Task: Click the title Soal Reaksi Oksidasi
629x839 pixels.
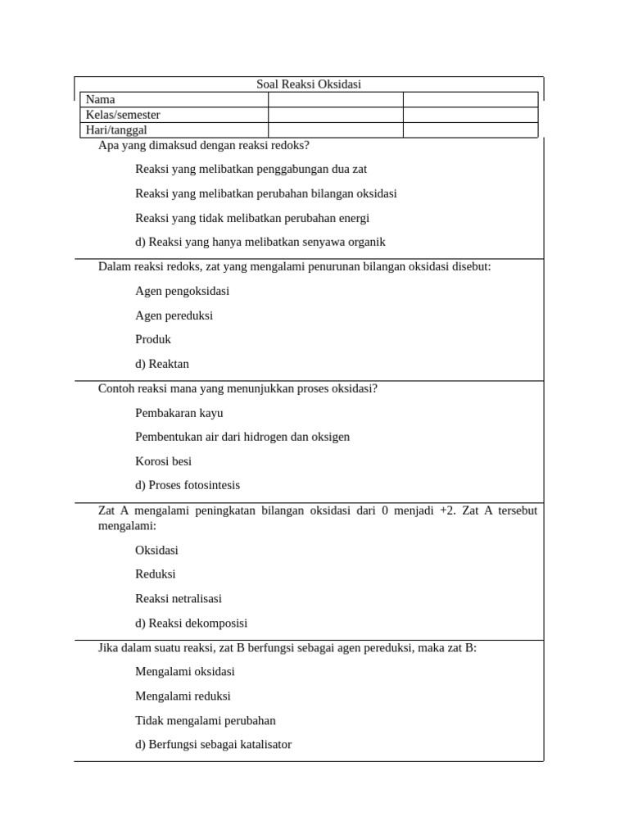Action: [309, 84]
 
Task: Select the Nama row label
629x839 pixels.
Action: [101, 99]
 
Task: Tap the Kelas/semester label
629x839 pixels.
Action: [123, 115]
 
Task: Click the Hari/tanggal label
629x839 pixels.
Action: [116, 130]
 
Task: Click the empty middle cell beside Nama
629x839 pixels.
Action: [335, 99]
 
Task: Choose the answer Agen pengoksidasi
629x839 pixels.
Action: [182, 291]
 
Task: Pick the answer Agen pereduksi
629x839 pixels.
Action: [174, 315]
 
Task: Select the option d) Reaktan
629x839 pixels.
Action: [162, 364]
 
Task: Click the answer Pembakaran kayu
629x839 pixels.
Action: [179, 413]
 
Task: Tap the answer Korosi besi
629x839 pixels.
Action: [163, 461]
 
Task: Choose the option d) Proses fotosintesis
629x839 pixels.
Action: [188, 485]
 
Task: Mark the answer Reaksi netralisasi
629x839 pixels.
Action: [179, 599]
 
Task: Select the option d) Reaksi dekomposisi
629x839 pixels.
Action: [191, 624]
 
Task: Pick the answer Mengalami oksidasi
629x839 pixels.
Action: [185, 672]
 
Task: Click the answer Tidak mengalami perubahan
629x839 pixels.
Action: [206, 721]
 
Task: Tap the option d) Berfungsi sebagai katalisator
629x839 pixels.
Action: [213, 745]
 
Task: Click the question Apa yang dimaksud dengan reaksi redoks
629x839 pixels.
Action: [204, 146]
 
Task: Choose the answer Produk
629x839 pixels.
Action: [153, 339]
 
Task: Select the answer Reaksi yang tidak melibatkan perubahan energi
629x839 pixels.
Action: [252, 218]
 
